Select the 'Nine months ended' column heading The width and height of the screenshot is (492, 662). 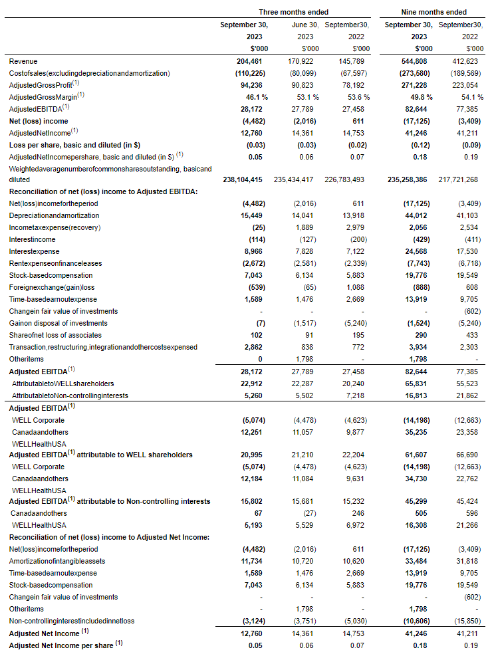click(x=433, y=12)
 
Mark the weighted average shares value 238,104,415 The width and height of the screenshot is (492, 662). click(x=246, y=179)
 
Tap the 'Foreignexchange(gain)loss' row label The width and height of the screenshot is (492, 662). click(x=51, y=287)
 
